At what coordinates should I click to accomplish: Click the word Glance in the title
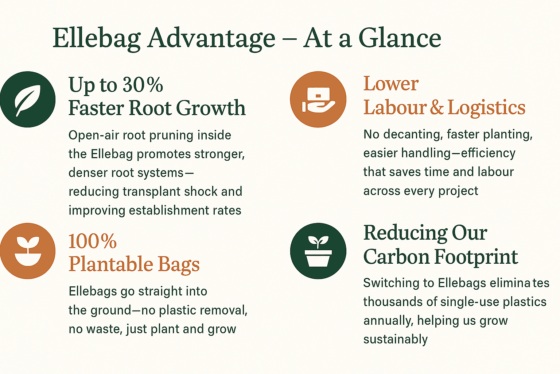click(400, 38)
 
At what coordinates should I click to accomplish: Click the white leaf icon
click(27, 100)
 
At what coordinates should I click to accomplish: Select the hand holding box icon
click(318, 99)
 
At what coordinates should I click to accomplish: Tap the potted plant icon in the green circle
click(318, 251)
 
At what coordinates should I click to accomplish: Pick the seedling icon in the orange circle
click(28, 251)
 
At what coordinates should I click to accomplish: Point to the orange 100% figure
click(93, 241)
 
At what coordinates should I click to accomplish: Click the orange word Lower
click(391, 83)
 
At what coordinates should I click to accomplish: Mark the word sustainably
click(396, 340)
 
